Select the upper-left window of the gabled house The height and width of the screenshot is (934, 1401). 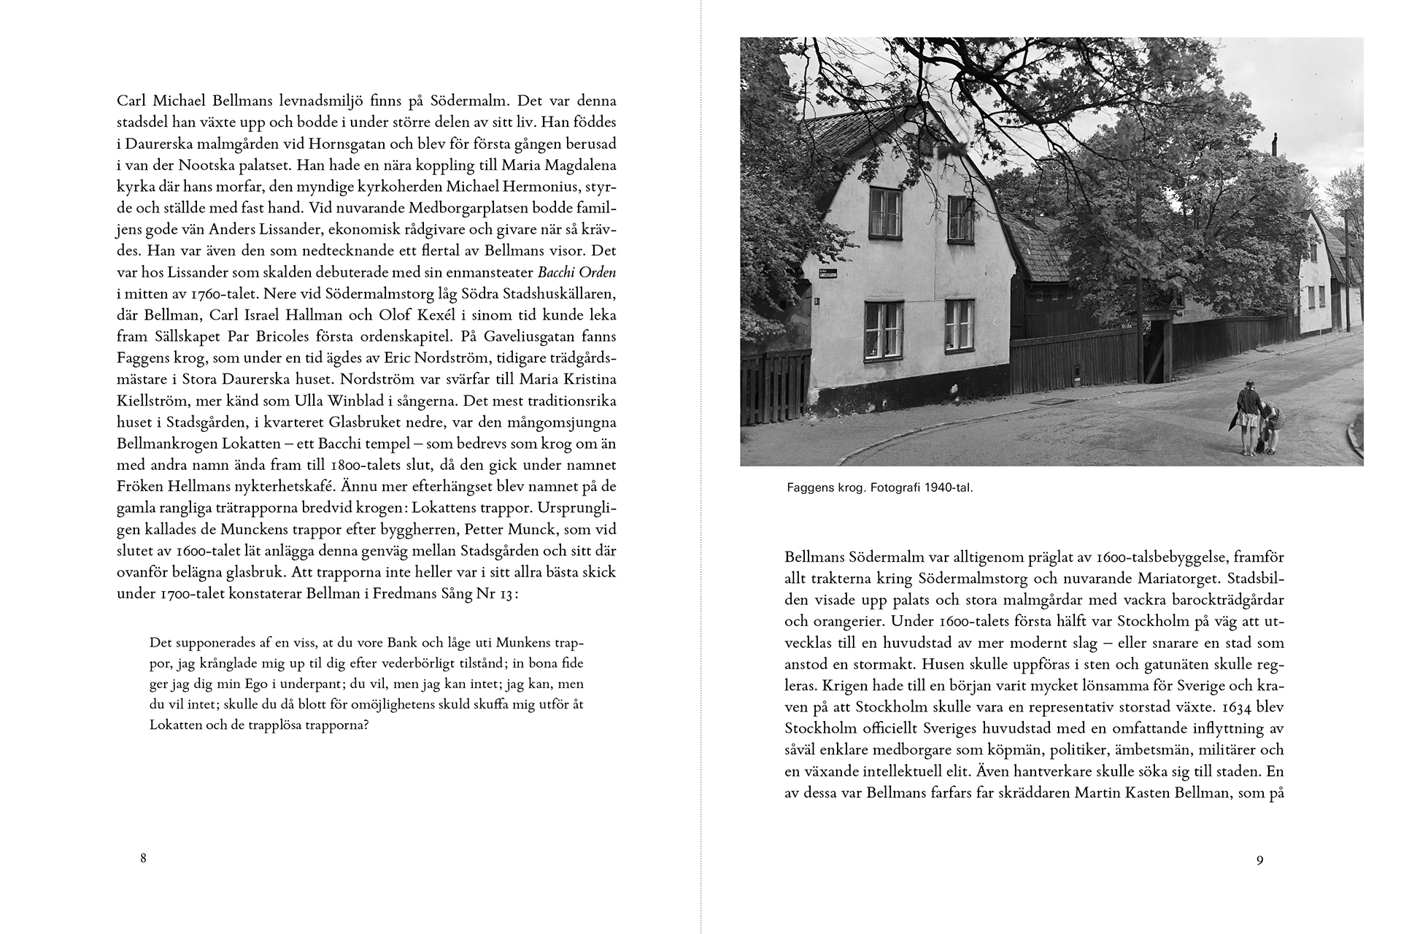point(884,212)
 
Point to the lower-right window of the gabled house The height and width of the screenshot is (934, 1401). point(959,324)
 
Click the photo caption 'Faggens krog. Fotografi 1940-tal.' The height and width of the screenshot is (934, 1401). point(880,487)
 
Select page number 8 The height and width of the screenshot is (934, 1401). point(143,858)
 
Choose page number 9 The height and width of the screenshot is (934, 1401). point(1259,860)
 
